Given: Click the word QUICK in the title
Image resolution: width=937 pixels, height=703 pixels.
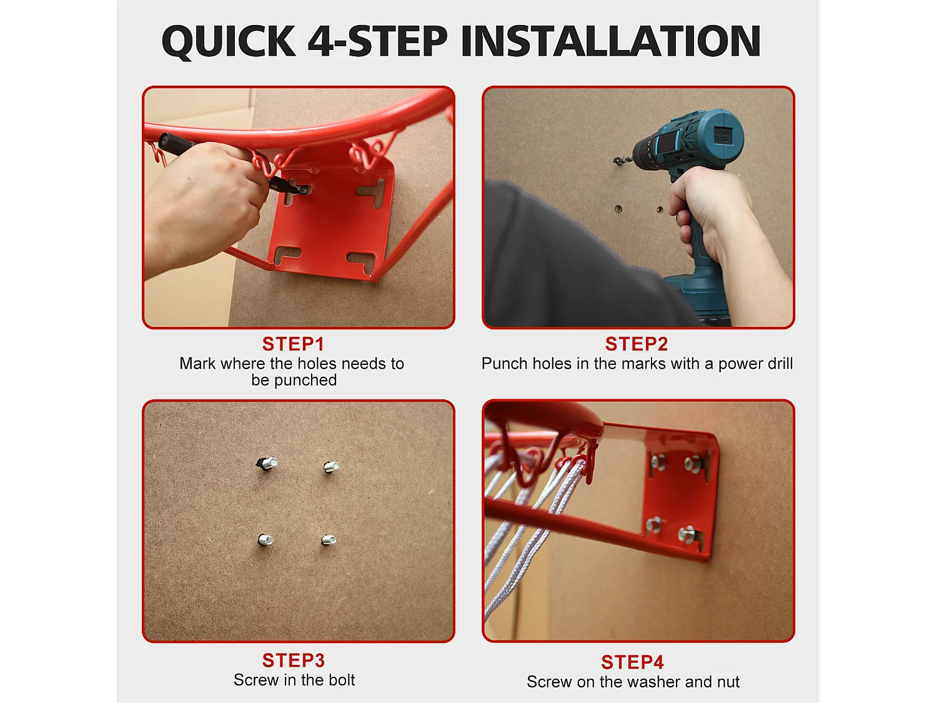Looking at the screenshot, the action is pyautogui.click(x=229, y=41).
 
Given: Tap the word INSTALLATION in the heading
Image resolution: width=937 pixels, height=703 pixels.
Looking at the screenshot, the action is pyautogui.click(x=611, y=41).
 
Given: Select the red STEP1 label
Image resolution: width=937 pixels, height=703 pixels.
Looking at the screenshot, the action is pyautogui.click(x=293, y=344).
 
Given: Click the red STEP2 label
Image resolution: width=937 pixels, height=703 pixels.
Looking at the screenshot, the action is pyautogui.click(x=637, y=344).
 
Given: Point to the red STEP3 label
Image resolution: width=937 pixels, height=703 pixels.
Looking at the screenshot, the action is pyautogui.click(x=294, y=661).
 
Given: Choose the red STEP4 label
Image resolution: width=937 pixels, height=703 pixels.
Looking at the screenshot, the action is pyautogui.click(x=633, y=662).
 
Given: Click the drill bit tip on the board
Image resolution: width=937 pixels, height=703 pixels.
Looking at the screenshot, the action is pyautogui.click(x=615, y=161).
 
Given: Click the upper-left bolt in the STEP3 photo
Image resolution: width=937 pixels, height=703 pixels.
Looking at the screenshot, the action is pyautogui.click(x=267, y=463).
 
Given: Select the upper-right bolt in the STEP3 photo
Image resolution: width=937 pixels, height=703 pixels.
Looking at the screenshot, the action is pyautogui.click(x=331, y=467).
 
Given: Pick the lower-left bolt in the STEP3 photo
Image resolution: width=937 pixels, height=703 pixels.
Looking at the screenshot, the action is pyautogui.click(x=265, y=540).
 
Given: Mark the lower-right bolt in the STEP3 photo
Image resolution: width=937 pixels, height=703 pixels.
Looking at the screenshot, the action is pyautogui.click(x=329, y=541).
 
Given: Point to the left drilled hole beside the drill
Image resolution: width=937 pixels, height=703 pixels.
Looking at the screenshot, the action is pyautogui.click(x=618, y=209).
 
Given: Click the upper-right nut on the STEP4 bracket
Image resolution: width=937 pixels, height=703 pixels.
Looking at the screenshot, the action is pyautogui.click(x=692, y=463).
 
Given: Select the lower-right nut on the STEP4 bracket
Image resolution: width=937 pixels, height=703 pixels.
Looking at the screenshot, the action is pyautogui.click(x=687, y=534).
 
